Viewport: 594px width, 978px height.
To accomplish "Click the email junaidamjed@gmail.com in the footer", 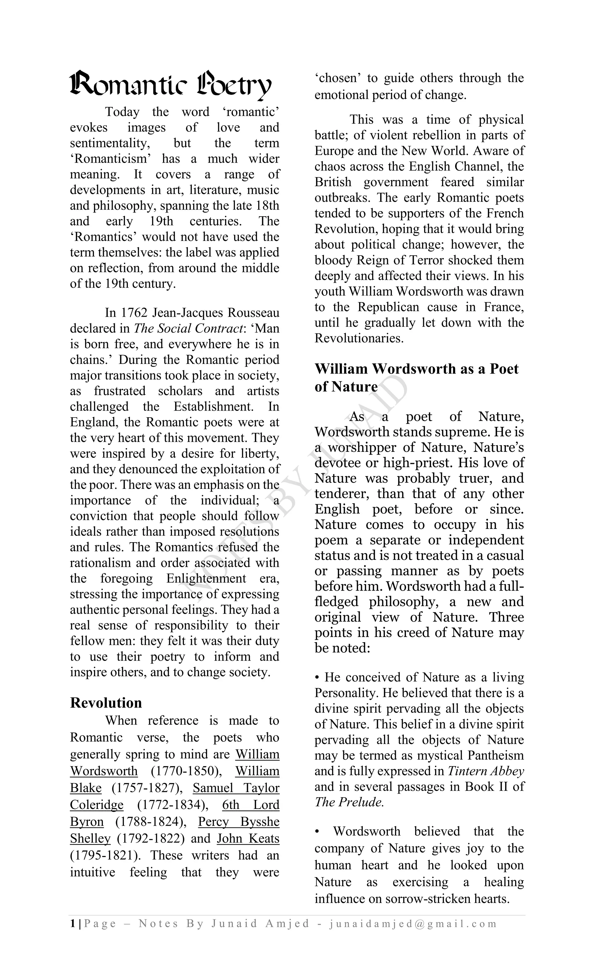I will (413, 923).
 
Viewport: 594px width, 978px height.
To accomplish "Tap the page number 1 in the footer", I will (72, 923).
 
